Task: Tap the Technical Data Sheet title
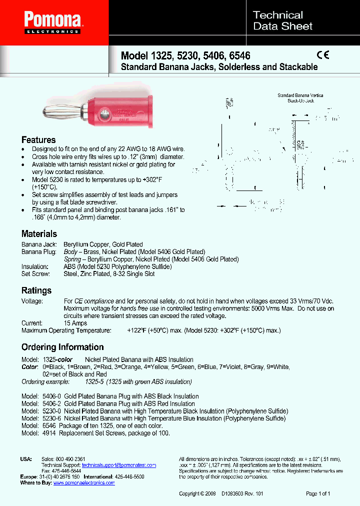[x=282, y=20]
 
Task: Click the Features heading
[x=38, y=139]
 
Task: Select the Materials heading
[x=39, y=233]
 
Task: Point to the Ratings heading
[x=36, y=290]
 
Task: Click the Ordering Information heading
[x=62, y=347]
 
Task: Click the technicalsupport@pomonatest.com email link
[x=118, y=465]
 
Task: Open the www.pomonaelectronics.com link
[x=84, y=483]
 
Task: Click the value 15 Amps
[x=75, y=323]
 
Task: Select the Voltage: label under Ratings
[x=32, y=301]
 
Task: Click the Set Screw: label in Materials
[x=35, y=274]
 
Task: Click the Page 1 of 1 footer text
[x=318, y=493]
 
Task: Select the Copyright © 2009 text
[x=197, y=493]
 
